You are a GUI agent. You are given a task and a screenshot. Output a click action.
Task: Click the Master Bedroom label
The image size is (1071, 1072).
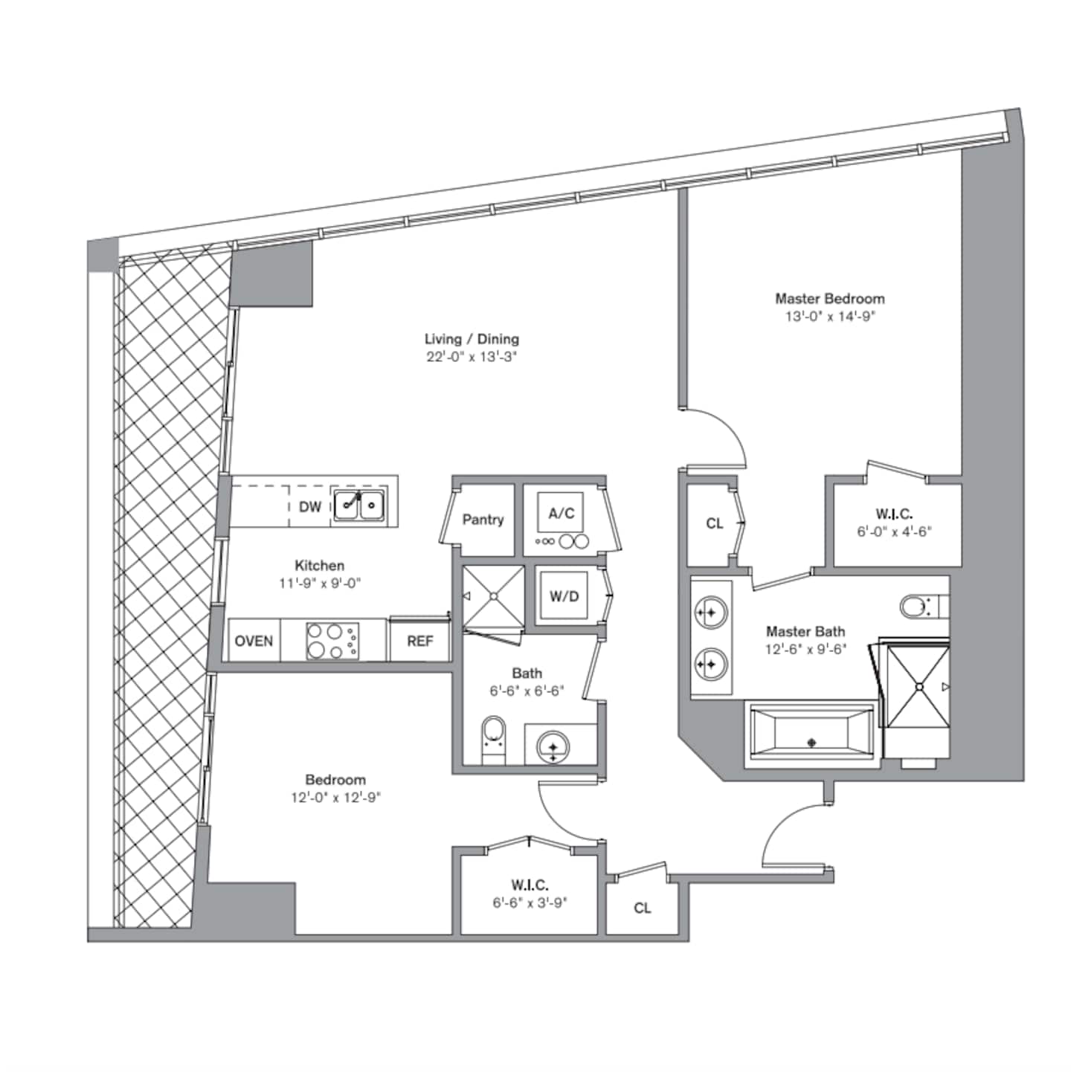pos(829,299)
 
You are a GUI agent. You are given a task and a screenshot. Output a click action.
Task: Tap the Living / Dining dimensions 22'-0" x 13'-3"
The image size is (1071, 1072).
pos(472,357)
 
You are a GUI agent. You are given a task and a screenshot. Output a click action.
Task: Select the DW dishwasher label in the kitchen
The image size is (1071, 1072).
pos(310,506)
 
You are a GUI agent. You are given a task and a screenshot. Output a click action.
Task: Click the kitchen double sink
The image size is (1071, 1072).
pos(358,505)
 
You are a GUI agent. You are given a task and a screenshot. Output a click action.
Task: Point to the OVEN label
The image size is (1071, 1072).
pos(254,641)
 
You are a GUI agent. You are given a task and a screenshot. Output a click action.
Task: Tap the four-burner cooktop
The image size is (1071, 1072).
pos(333,641)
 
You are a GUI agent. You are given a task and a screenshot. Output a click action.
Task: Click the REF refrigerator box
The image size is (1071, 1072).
pos(419,640)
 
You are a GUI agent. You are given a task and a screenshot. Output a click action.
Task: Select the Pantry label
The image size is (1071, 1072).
pos(483,520)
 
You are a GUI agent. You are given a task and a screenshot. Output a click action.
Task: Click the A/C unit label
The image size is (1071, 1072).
pos(561,513)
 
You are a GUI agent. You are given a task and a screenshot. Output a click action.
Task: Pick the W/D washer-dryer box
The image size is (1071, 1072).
pos(564,596)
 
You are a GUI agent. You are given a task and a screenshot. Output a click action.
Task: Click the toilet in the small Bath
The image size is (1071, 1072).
pos(493,740)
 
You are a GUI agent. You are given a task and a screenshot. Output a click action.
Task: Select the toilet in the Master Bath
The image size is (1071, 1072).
pos(919,607)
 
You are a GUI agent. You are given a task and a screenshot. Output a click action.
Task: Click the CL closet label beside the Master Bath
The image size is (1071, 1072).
pos(714,523)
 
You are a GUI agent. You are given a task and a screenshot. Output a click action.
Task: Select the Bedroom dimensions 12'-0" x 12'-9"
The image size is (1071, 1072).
pos(335,798)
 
